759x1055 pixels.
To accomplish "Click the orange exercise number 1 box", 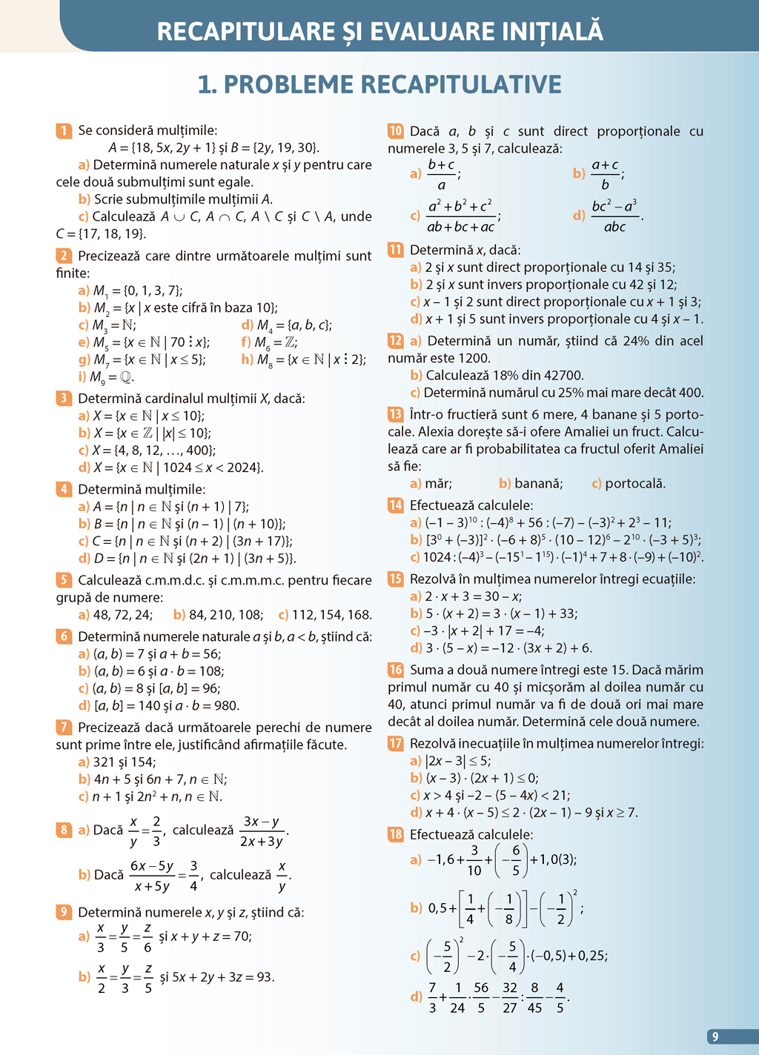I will tap(64, 131).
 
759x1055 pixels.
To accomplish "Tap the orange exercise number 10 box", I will tap(396, 131).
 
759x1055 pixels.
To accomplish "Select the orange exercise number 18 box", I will tap(396, 835).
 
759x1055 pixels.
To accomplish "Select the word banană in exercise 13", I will tap(539, 484).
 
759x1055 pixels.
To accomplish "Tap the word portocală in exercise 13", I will tap(635, 484).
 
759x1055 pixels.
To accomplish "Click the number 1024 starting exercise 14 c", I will tap(437, 557).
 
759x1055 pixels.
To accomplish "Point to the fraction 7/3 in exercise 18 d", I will tap(432, 997).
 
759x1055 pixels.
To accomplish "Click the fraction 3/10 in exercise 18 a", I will tap(474, 860).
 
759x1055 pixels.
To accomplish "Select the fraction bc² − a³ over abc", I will tap(614, 216).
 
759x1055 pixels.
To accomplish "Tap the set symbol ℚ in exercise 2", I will tap(126, 377).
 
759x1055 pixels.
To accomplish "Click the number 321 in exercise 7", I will tap(105, 762).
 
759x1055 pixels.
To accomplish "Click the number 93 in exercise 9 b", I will tap(265, 977).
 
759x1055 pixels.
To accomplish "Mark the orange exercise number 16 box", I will tap(396, 670).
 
